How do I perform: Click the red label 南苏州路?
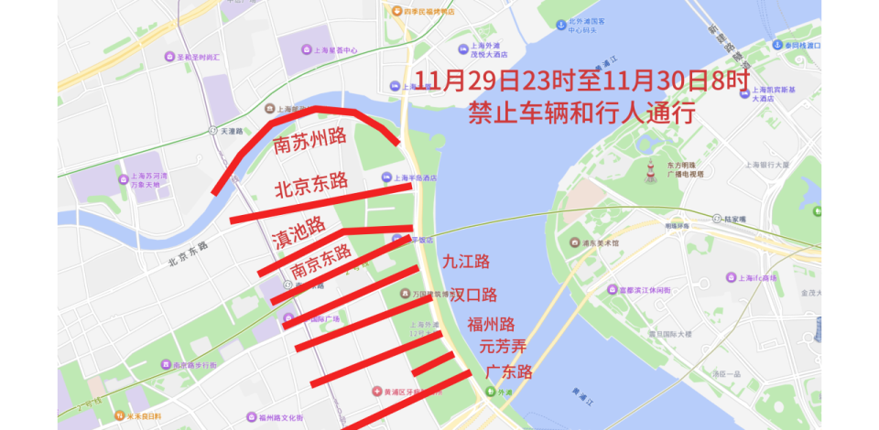pos(309,140)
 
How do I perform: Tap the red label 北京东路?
pos(311,184)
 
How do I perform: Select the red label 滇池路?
pos(299,232)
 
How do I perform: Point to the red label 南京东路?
pos(321,262)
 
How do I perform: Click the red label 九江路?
pos(466,262)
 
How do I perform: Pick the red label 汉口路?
pos(473,295)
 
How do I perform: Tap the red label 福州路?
pos(491,324)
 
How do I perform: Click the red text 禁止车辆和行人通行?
pos(581,113)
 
